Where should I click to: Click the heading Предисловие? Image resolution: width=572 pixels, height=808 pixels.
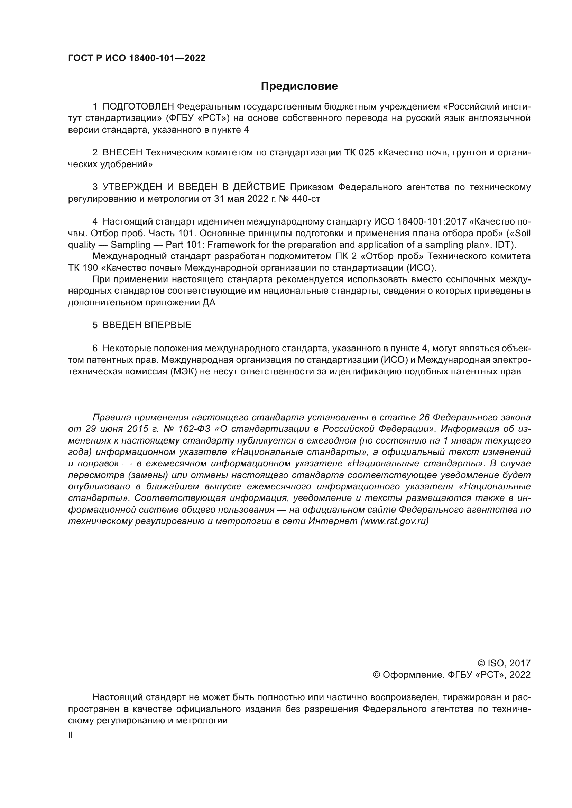(299, 86)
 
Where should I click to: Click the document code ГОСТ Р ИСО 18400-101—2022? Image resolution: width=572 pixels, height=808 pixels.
(136, 58)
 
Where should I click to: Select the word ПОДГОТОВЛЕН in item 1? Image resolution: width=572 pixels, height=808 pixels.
(138, 107)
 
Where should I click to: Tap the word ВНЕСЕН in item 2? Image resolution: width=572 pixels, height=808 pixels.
(122, 153)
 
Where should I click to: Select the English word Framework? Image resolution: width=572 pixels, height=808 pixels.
(229, 245)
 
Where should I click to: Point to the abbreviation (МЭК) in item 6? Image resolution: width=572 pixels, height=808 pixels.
(183, 372)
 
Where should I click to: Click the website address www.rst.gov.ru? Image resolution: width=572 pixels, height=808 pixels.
(395, 522)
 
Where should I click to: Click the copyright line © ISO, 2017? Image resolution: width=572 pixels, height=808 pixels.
(504, 663)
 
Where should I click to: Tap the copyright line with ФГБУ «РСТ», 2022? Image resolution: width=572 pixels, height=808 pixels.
(451, 675)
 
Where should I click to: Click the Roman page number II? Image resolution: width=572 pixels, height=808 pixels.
(71, 735)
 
